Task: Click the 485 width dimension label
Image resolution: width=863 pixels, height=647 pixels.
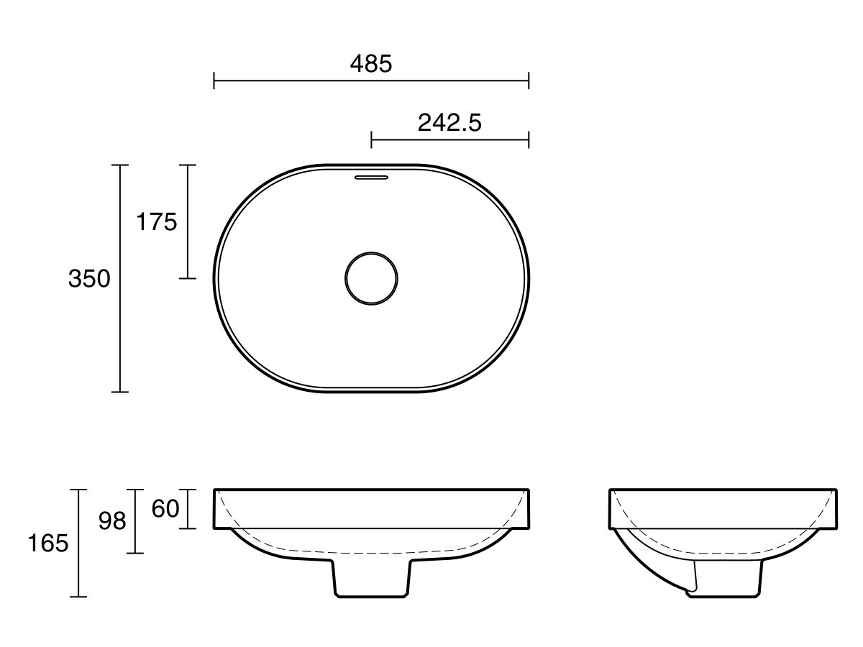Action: [x=371, y=64]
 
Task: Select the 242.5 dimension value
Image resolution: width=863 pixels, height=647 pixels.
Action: [x=449, y=123]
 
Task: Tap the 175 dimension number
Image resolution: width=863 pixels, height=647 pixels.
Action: [x=157, y=222]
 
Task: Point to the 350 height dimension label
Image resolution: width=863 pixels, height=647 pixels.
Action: [x=89, y=279]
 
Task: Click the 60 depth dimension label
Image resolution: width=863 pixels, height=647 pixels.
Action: [x=165, y=509]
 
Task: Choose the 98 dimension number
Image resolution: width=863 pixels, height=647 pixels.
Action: [x=112, y=521]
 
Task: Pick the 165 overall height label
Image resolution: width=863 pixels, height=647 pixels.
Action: [x=48, y=543]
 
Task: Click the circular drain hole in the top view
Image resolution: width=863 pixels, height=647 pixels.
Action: [x=371, y=279]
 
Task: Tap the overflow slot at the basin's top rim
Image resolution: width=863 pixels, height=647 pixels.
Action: [x=371, y=175]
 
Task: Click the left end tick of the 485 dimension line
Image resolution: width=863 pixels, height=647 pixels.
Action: [x=214, y=81]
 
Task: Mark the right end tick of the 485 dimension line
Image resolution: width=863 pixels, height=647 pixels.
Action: [x=529, y=81]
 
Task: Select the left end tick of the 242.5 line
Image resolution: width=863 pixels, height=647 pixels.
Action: [x=371, y=139]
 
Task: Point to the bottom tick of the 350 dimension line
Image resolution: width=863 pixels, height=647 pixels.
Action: [x=120, y=392]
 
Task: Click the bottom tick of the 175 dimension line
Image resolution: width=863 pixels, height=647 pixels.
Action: [x=188, y=278]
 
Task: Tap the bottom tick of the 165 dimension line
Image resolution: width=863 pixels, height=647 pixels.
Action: [x=78, y=597]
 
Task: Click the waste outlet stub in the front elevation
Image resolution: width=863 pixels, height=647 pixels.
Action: [x=372, y=579]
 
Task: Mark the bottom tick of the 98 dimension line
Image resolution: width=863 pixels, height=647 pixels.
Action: [x=135, y=553]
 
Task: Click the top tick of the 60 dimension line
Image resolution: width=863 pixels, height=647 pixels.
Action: [x=188, y=490]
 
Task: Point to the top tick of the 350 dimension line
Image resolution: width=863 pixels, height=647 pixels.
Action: [x=120, y=165]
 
